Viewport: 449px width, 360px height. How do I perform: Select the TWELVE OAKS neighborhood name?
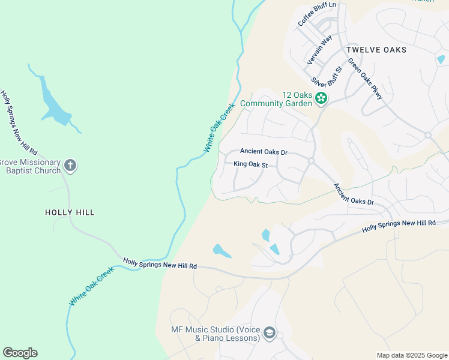[x=376, y=50]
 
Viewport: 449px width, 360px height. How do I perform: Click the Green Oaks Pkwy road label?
[x=365, y=78]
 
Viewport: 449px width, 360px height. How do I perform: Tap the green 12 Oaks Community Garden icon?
[x=322, y=98]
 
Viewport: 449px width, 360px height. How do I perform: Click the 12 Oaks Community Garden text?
[x=276, y=99]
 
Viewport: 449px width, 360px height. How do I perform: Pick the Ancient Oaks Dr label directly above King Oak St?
[x=264, y=152]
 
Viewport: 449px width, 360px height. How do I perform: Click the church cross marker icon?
[x=70, y=166]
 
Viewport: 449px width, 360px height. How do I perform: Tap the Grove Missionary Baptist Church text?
[x=30, y=166]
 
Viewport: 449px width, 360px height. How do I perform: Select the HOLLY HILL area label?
[x=70, y=212]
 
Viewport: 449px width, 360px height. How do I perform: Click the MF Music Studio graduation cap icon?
[x=270, y=334]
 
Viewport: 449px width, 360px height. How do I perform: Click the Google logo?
[x=20, y=353]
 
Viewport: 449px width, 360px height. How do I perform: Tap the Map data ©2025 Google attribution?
[x=411, y=355]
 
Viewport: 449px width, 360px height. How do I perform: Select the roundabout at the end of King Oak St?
[x=311, y=161]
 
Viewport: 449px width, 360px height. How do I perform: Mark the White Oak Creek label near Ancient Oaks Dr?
[x=218, y=128]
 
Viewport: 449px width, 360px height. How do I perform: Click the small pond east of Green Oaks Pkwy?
[x=441, y=59]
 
